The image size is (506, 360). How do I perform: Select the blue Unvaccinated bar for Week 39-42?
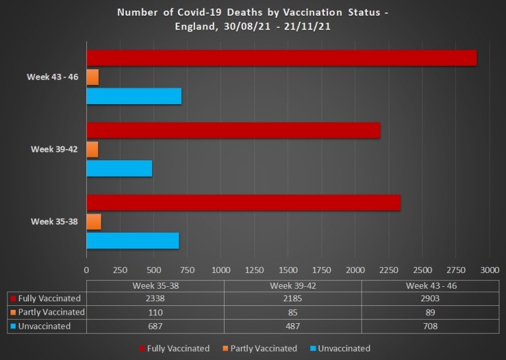click(119, 168)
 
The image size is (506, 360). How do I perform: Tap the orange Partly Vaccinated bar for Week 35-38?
click(94, 222)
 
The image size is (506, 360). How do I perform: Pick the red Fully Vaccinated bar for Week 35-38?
click(243, 203)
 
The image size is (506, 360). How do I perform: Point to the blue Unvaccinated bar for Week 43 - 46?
click(134, 96)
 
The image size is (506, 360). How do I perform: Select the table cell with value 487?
click(292, 326)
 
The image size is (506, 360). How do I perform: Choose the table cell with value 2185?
click(292, 299)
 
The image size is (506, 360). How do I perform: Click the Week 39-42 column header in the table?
click(292, 285)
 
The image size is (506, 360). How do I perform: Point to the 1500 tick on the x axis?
click(288, 270)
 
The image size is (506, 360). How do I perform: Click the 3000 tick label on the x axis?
click(490, 270)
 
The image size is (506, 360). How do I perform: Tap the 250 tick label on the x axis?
click(120, 270)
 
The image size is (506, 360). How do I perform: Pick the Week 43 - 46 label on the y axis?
click(53, 77)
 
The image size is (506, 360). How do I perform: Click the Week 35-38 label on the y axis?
click(55, 222)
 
